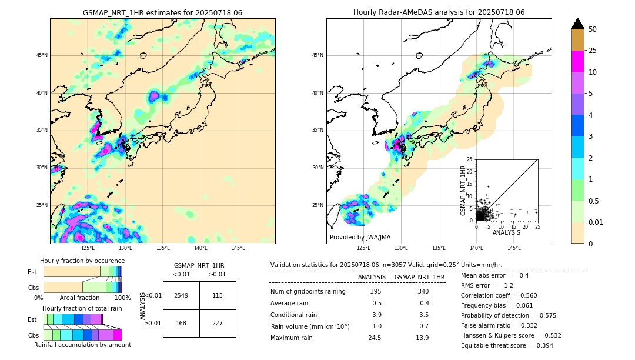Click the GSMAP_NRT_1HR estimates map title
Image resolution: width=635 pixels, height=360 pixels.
tap(162, 12)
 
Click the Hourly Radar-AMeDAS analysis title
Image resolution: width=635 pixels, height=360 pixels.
tap(439, 12)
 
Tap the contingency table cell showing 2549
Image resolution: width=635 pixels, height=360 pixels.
tap(181, 295)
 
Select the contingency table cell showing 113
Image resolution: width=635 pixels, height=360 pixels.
tap(218, 295)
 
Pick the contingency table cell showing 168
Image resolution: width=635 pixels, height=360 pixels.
tap(181, 322)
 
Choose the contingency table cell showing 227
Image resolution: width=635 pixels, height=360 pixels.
tap(218, 322)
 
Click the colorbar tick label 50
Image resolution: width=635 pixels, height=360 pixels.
tap(593, 29)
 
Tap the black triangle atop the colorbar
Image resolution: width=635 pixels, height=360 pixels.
tap(578, 24)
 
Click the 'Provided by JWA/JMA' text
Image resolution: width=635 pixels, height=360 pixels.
tap(360, 237)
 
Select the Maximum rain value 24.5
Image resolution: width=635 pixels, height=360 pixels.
tap(375, 338)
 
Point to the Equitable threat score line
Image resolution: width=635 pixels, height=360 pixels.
tap(507, 345)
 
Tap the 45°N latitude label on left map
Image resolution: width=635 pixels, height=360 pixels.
tap(42, 55)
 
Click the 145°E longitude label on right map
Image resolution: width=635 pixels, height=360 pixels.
tap(514, 248)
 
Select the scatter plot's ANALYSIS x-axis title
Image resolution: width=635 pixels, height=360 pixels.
tap(506, 232)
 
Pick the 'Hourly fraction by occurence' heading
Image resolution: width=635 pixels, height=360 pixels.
tap(82, 261)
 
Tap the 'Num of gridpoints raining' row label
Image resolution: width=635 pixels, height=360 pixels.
tap(308, 291)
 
